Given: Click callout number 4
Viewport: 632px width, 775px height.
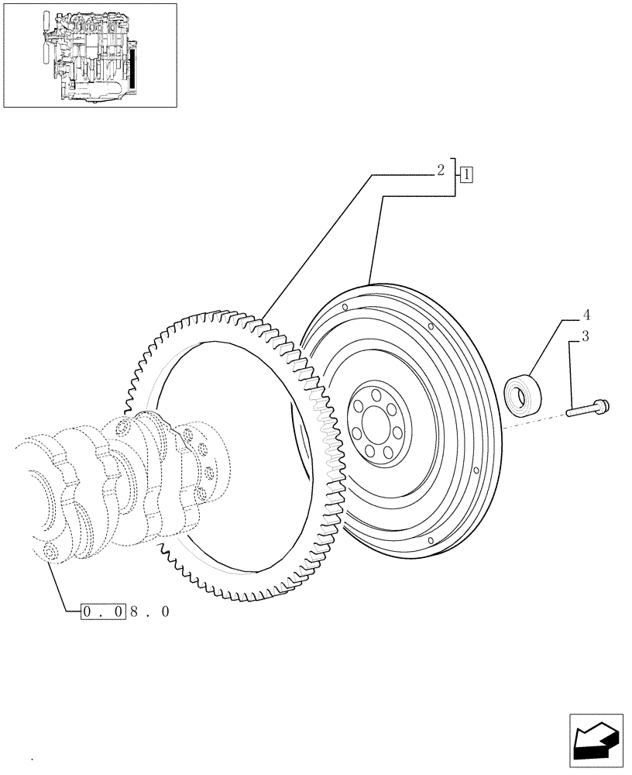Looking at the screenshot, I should (x=587, y=315).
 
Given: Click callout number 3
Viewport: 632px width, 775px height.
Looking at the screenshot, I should (x=586, y=336).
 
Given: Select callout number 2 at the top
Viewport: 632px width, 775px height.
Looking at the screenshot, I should (x=440, y=170).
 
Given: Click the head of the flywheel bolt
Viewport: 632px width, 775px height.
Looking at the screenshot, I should (x=603, y=404).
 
